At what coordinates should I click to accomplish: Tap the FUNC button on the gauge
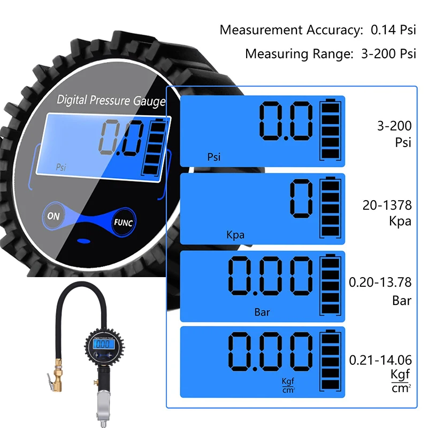point(123,222)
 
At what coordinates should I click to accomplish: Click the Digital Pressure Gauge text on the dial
point(111,100)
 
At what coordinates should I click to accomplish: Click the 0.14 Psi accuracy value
point(393,30)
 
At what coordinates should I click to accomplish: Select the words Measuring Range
point(300,54)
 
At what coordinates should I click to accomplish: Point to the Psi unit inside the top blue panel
point(213,157)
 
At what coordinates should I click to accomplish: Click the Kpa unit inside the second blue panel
point(235,235)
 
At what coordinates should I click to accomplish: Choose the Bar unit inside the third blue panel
point(262,312)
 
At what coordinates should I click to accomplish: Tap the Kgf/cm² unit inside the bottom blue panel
point(288,385)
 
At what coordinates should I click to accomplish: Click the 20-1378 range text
point(387,205)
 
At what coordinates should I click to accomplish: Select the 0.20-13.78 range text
point(380,282)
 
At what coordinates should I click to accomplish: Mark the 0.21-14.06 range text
point(380,360)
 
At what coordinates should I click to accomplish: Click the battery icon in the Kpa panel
point(330,208)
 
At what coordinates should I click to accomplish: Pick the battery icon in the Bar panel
point(330,285)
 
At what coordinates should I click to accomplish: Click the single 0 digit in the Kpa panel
point(301,198)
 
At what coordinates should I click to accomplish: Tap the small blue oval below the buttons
point(84,241)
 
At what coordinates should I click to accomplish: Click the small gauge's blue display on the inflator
point(104,344)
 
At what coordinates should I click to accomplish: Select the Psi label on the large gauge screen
point(61,167)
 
